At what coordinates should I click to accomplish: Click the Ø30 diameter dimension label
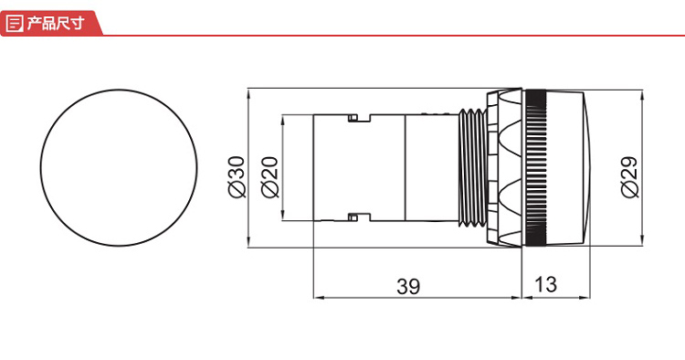coord(237,177)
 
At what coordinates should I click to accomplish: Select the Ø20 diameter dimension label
coord(269,177)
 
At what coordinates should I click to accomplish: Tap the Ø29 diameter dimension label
coord(629,176)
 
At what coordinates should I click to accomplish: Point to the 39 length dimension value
coord(408,286)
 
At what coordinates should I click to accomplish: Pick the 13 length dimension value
coord(545,284)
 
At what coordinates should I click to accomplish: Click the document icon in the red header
coord(15,23)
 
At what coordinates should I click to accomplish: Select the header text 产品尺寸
coord(55,23)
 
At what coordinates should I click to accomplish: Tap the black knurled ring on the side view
coord(535,168)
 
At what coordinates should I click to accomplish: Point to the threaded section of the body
coord(472,168)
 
